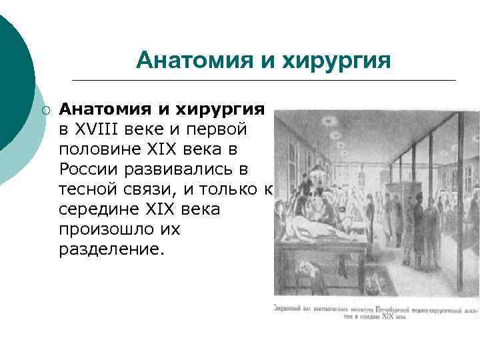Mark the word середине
[x=99, y=209]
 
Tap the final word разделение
[x=111, y=252]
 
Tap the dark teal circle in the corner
[x=10, y=80]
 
